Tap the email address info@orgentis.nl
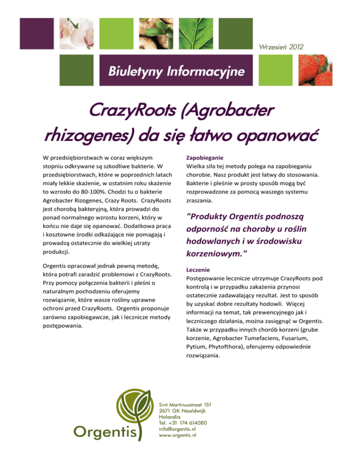pyautogui.click(x=178, y=428)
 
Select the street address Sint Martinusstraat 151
pyautogui.click(x=186, y=404)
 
